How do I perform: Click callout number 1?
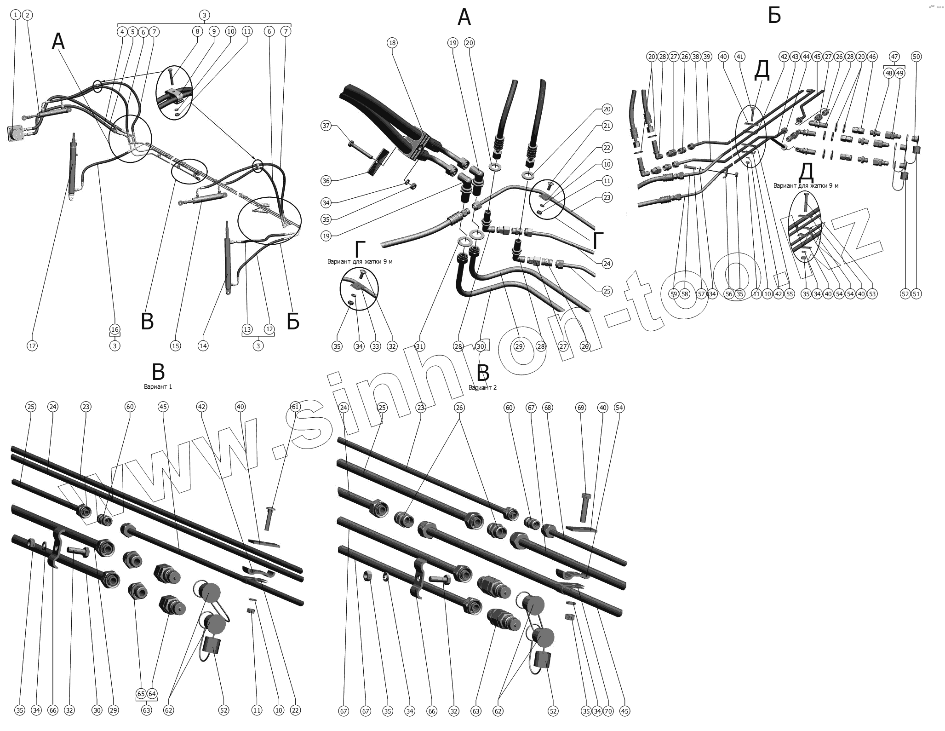pos(16,15)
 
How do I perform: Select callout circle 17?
pos(32,346)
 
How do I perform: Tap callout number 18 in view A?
pos(392,43)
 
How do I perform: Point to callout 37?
pos(326,126)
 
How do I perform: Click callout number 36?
pos(326,180)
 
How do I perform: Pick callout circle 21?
pos(607,126)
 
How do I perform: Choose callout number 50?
pos(916,57)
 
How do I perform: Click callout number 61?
pos(295,407)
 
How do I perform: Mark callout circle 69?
pos(581,408)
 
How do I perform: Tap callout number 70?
pos(608,711)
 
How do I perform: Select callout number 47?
pos(894,57)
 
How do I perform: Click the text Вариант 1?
pos(158,387)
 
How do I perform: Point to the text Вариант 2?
pos(482,387)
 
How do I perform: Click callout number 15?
pos(175,346)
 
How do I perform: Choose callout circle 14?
pos(203,346)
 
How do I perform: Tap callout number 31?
pos(419,346)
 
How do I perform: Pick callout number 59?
pos(674,294)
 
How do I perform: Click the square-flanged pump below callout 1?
pos(17,134)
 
